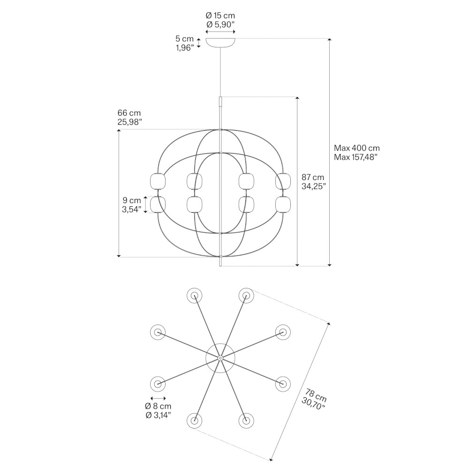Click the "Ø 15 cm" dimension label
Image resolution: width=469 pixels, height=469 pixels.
tap(220, 16)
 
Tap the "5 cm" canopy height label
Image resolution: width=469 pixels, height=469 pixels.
tap(184, 39)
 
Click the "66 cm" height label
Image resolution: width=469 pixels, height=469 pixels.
tap(129, 113)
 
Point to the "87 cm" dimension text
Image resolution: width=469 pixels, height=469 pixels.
tap(313, 177)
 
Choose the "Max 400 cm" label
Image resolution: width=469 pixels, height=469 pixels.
tap(356, 148)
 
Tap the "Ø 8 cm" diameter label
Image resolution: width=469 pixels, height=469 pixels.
tap(158, 406)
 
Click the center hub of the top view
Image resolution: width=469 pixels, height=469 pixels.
tap(220, 358)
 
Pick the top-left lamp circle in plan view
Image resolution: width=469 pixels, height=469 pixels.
tap(195, 295)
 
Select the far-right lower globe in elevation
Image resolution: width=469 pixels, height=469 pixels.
tap(283, 204)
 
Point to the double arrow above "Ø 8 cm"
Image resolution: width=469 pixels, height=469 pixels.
tap(158, 397)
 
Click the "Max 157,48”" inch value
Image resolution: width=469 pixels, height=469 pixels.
tap(356, 157)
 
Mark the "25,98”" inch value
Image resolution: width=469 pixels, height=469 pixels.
tap(130, 122)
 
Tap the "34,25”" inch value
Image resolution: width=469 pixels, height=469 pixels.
tap(314, 186)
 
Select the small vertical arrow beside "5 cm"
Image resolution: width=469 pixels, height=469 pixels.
tap(199, 43)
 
